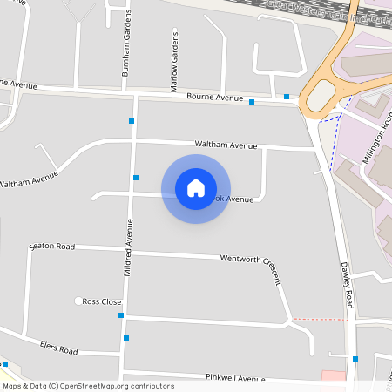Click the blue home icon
[196, 188]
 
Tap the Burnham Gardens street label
[125, 44]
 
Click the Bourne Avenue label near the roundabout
[215, 98]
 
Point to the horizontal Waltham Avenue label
[225, 145]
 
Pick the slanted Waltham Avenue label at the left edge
[28, 180]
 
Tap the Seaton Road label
[51, 247]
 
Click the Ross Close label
[102, 301]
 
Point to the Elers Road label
[59, 349]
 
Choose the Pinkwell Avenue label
[235, 378]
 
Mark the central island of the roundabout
[320, 94]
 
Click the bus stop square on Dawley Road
[355, 358]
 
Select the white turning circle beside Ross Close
[78, 301]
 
